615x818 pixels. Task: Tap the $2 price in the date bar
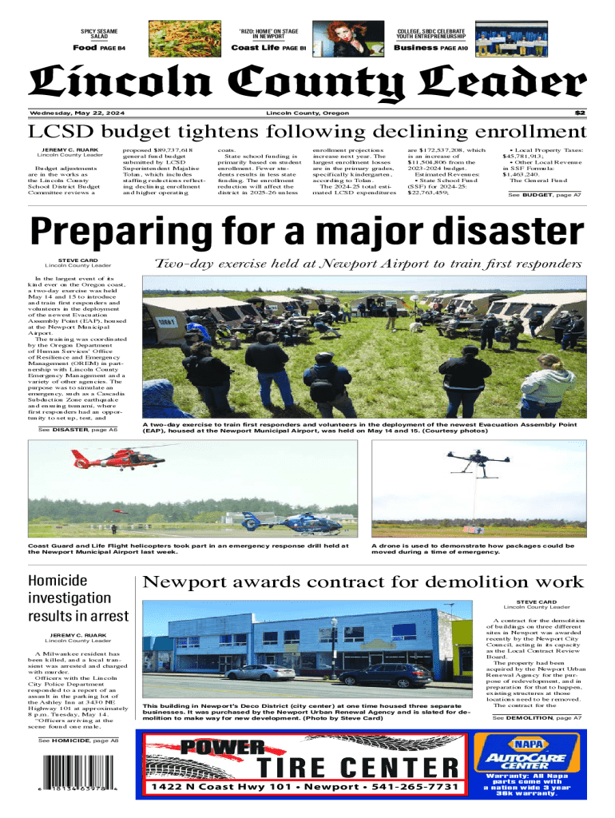coord(581,113)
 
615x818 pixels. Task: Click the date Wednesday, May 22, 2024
coord(73,113)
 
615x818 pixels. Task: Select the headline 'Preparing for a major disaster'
coord(307,232)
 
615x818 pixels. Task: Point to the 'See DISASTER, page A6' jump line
coord(77,430)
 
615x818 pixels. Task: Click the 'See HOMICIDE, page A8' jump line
coord(78,741)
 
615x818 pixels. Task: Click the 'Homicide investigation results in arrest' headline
coord(77,598)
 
